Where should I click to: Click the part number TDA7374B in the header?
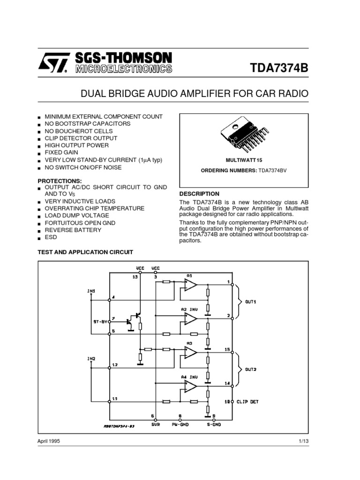pyautogui.click(x=280, y=68)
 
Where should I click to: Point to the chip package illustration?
pyautogui.click(x=243, y=136)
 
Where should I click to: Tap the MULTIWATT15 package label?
pyautogui.click(x=243, y=160)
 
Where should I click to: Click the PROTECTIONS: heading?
pyautogui.click(x=60, y=180)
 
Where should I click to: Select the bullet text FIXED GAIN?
pyautogui.click(x=61, y=152)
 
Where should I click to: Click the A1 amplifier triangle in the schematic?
pyautogui.click(x=190, y=285)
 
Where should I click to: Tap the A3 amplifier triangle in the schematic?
pyautogui.click(x=190, y=352)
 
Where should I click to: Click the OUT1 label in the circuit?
pyautogui.click(x=251, y=301)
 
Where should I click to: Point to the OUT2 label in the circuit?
pyautogui.click(x=251, y=369)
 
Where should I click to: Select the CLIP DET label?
pyautogui.click(x=247, y=402)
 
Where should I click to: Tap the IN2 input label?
pyautogui.click(x=91, y=359)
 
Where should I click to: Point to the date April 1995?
pyautogui.click(x=49, y=442)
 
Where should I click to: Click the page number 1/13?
pyautogui.click(x=302, y=442)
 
